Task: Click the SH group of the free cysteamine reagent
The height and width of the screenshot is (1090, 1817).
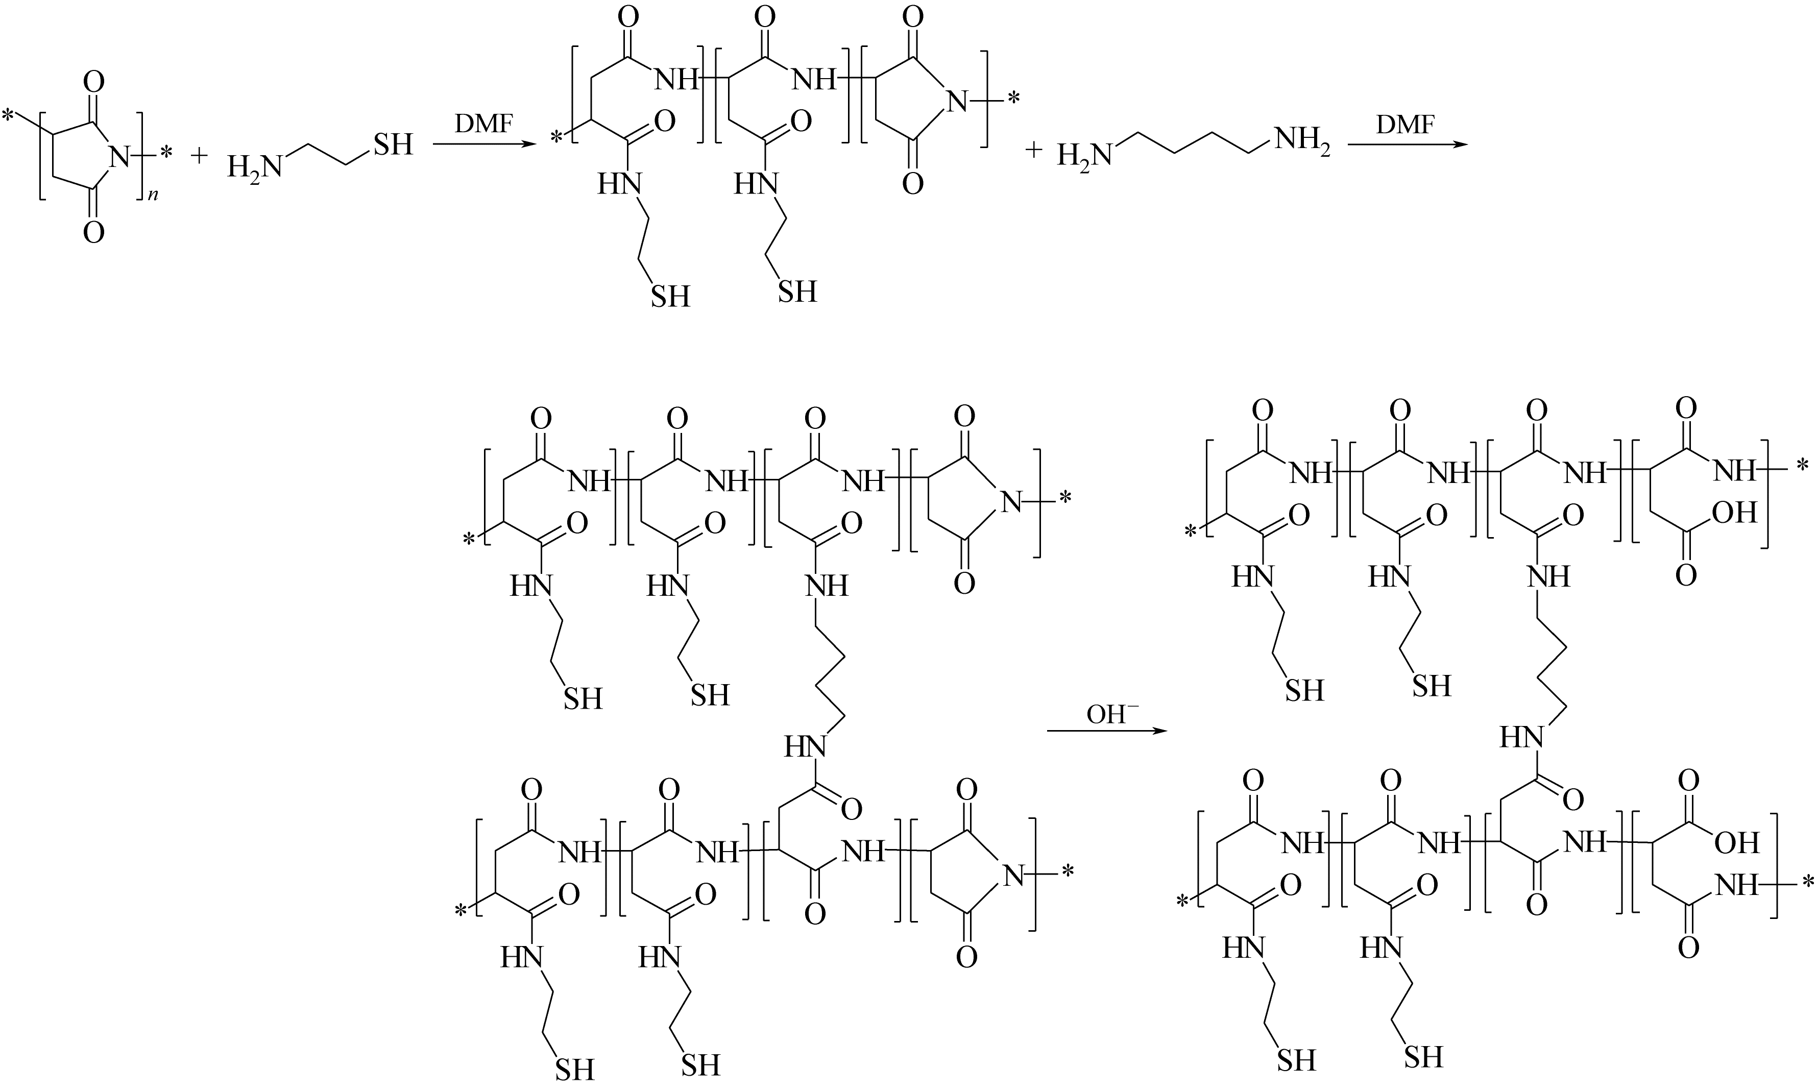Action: pyautogui.click(x=393, y=144)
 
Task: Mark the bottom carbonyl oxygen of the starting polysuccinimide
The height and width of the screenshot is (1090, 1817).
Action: pyautogui.click(x=93, y=233)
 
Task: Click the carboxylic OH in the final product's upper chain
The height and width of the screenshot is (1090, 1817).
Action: pyautogui.click(x=1735, y=512)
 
